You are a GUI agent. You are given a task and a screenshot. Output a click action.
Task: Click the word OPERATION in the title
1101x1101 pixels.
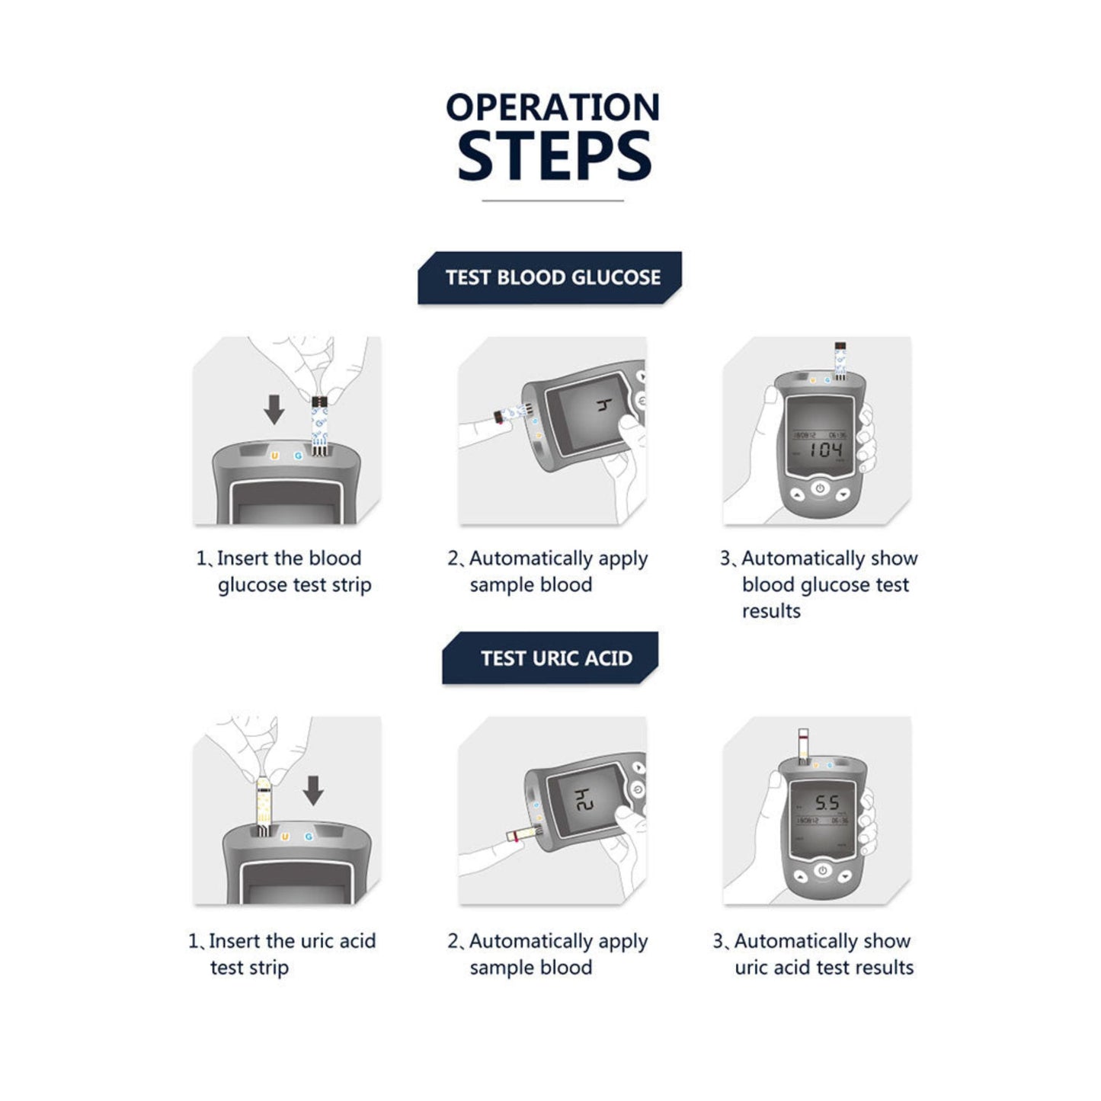(552, 107)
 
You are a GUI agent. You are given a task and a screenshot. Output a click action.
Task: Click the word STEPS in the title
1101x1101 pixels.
(554, 155)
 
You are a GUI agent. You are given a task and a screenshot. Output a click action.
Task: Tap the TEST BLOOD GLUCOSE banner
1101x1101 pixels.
(549, 277)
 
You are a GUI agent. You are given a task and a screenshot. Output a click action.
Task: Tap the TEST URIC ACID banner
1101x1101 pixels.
(549, 658)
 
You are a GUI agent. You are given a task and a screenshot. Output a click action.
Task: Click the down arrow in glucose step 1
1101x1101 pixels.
(274, 409)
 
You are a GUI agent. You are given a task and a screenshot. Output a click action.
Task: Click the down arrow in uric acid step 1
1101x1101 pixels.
(313, 790)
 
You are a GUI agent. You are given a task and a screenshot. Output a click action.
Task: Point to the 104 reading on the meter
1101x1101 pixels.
(826, 450)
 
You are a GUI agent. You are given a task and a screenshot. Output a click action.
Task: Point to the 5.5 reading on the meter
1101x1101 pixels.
(827, 804)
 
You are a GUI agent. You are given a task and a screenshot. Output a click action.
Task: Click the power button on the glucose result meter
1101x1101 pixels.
(820, 488)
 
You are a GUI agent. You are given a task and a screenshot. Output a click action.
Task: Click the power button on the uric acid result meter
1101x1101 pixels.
(822, 870)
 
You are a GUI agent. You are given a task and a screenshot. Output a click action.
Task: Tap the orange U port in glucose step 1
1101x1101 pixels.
(275, 456)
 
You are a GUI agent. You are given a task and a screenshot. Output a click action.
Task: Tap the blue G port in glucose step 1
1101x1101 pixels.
(298, 456)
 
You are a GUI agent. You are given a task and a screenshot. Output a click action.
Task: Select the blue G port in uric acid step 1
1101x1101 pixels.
(309, 837)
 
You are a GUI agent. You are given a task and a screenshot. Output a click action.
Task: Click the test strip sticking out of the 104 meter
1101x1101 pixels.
(840, 360)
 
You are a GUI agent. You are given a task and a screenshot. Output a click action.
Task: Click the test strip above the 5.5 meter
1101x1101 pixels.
(803, 746)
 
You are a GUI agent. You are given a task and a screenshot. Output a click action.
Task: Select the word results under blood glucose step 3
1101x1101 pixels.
(771, 611)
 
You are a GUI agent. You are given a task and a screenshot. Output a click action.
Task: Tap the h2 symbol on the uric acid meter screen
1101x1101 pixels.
(584, 800)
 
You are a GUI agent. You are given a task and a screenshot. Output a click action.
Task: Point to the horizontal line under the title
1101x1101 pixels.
(552, 200)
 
